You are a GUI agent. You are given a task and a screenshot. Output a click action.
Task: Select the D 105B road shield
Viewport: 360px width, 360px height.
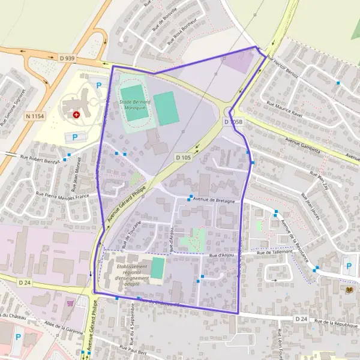(x=233, y=121)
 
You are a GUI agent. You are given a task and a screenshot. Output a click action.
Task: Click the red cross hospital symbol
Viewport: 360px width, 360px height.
(x=76, y=114)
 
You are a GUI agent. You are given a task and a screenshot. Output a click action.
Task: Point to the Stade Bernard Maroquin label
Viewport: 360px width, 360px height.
(x=134, y=106)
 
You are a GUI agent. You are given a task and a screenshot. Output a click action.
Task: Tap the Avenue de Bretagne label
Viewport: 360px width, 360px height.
(x=214, y=200)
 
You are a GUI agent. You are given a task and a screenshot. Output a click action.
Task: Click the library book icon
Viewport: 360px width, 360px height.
(x=350, y=290)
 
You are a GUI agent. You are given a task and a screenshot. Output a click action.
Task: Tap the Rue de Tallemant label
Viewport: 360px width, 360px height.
(x=274, y=253)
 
